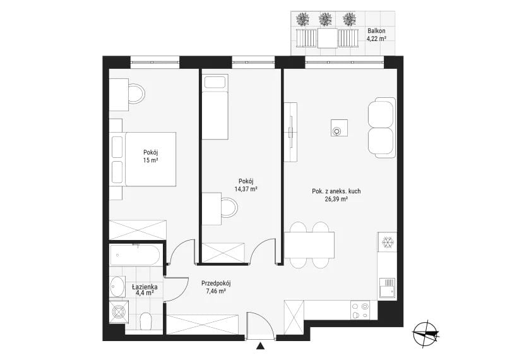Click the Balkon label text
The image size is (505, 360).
(x=376, y=31)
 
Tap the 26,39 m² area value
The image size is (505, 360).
(x=336, y=199)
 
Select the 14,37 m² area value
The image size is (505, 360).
(x=246, y=189)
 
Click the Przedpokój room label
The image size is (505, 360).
(x=216, y=284)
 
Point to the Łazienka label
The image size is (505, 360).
(x=145, y=287)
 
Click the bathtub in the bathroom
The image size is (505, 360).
(x=135, y=255)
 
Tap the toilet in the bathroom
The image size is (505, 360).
(x=146, y=321)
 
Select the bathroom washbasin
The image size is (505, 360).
(x=117, y=287)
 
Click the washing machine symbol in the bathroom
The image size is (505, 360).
(x=119, y=311)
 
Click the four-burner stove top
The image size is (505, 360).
(x=360, y=310)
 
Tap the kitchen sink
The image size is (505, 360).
(x=387, y=288)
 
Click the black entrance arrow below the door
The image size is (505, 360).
(x=260, y=347)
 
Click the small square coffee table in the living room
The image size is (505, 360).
(x=339, y=128)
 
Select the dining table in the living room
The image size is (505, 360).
(x=309, y=245)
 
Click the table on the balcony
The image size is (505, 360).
(x=328, y=38)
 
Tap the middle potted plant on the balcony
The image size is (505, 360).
(x=325, y=19)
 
